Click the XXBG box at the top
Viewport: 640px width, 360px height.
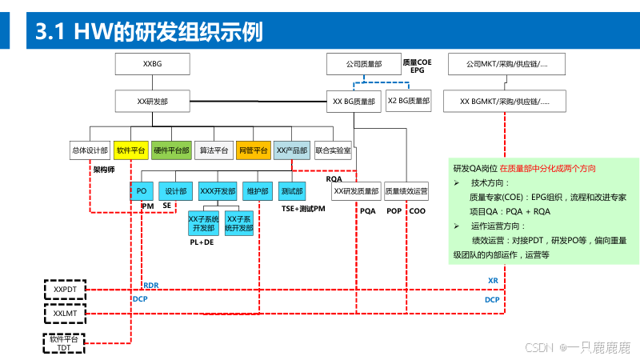(x=152, y=63)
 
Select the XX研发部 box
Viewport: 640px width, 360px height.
(x=152, y=102)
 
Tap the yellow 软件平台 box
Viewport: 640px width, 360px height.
(x=130, y=150)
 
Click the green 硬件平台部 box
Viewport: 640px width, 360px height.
(x=171, y=150)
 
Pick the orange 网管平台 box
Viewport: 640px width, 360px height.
(x=253, y=150)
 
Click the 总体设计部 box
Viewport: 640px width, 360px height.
(x=90, y=150)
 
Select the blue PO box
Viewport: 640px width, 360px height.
(x=142, y=191)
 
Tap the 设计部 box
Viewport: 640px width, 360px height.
(x=176, y=191)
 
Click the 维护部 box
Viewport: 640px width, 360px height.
(x=257, y=191)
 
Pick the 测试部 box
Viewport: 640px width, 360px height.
(x=292, y=191)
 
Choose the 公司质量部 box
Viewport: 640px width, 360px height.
(x=363, y=63)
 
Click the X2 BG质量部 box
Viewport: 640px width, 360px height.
(x=408, y=102)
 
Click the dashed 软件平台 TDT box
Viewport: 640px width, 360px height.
(x=61, y=343)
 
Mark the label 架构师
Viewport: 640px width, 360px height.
(x=105, y=170)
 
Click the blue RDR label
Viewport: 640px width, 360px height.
(x=151, y=285)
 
